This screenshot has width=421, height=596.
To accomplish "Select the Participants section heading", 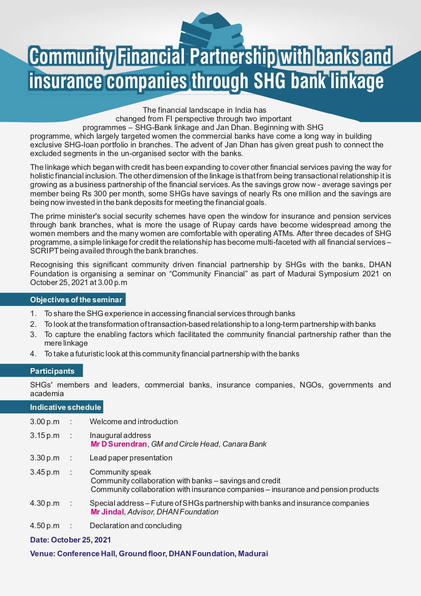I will pyautogui.click(x=52, y=371).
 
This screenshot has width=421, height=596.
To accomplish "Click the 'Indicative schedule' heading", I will pyautogui.click(x=66, y=407).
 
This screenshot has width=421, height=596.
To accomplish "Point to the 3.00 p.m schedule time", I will pyautogui.click(x=45, y=422).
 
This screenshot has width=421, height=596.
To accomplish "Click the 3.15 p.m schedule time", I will pyautogui.click(x=45, y=435).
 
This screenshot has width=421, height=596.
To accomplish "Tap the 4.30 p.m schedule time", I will pyautogui.click(x=45, y=503).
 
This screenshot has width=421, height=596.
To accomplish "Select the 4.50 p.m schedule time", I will pyautogui.click(x=45, y=526).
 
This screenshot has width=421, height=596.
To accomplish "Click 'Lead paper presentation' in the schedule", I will pyautogui.click(x=131, y=458).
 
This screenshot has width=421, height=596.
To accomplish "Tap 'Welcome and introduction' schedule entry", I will pyautogui.click(x=134, y=422).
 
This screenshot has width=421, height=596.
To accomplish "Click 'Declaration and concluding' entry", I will pyautogui.click(x=136, y=526).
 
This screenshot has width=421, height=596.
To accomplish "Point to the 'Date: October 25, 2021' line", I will pyautogui.click(x=70, y=540).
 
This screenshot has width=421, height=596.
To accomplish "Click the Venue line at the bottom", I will pyautogui.click(x=149, y=554).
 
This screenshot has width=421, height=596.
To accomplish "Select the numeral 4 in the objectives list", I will pyautogui.click(x=32, y=353).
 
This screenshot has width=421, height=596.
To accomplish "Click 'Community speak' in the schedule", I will pyautogui.click(x=120, y=472).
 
